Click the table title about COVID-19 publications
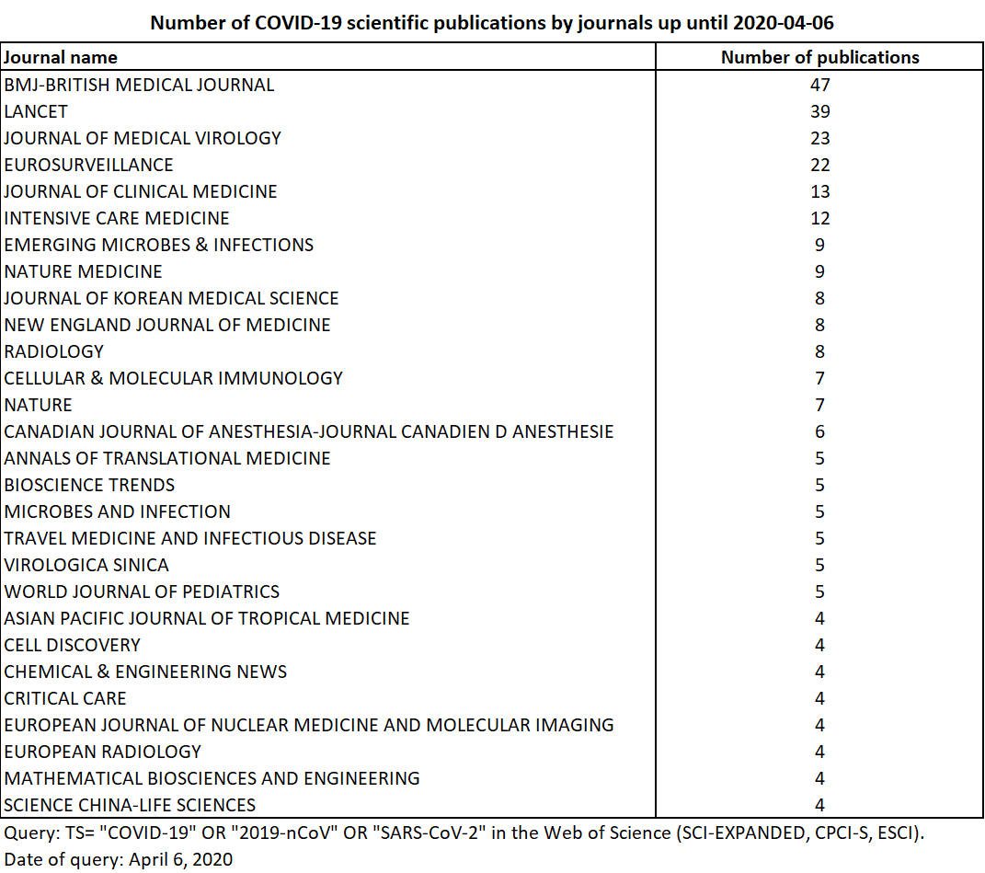(x=492, y=23)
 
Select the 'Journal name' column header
(x=61, y=57)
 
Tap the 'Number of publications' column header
(x=819, y=57)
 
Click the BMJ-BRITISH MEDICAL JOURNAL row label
(x=139, y=85)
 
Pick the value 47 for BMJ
(x=819, y=85)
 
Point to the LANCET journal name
(x=36, y=111)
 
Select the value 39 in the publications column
(x=819, y=111)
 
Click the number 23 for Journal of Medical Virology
(x=819, y=138)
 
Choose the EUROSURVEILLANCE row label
(x=88, y=165)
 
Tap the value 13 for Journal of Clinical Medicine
(x=819, y=191)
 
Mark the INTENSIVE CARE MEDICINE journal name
(x=117, y=218)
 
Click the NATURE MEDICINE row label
(x=83, y=271)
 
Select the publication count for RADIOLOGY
(x=819, y=351)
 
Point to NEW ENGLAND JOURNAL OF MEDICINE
(x=167, y=325)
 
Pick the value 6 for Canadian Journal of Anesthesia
(x=819, y=431)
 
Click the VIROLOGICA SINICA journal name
(x=86, y=565)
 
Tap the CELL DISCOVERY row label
(x=72, y=645)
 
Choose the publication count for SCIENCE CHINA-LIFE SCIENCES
(x=819, y=805)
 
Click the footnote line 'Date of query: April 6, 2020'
(x=119, y=859)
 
